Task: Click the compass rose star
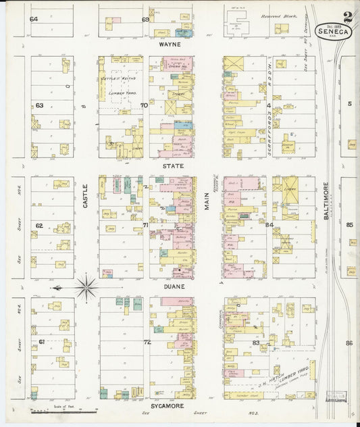pyautogui.click(x=86, y=287)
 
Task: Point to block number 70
pyautogui.click(x=144, y=105)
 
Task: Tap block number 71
pyautogui.click(x=145, y=225)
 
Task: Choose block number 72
pyautogui.click(x=147, y=343)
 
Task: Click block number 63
pyautogui.click(x=39, y=105)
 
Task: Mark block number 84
pyautogui.click(x=269, y=225)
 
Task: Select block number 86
pyautogui.click(x=349, y=343)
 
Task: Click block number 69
pyautogui.click(x=145, y=19)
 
